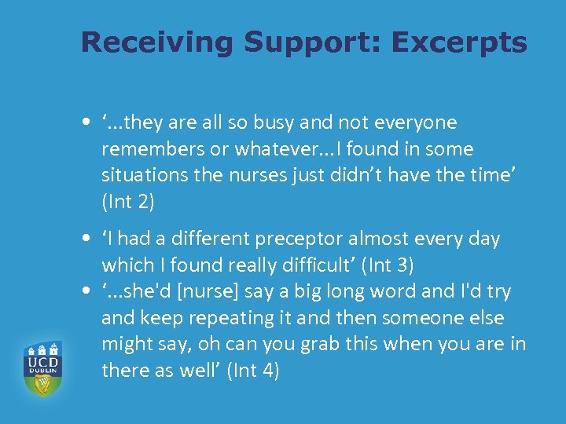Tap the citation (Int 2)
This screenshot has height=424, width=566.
(128, 203)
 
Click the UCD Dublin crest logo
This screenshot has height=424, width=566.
(42, 367)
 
